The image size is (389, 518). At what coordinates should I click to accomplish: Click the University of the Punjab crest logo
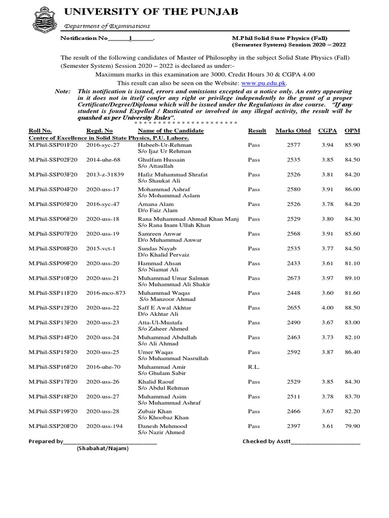point(43,18)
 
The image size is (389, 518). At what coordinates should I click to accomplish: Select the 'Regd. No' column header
point(99,131)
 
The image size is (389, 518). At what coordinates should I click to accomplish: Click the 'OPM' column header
point(352,131)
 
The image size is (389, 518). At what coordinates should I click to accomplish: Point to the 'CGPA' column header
point(327,131)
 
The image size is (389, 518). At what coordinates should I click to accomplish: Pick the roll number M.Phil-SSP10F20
point(53,278)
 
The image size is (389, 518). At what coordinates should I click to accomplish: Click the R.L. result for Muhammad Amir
point(254,367)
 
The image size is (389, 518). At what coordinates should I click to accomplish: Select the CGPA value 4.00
point(328,308)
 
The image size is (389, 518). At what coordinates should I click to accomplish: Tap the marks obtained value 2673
point(294,278)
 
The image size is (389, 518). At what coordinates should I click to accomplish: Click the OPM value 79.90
point(352,426)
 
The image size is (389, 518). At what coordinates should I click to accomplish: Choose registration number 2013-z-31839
point(105,175)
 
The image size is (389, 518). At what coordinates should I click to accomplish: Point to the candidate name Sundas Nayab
point(157,248)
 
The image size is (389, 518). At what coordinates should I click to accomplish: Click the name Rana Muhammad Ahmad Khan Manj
point(188,219)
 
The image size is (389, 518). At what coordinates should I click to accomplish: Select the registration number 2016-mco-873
point(105,293)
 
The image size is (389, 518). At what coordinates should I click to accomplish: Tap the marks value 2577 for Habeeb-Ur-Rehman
point(294,145)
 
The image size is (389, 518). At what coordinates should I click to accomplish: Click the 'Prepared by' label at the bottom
point(46,441)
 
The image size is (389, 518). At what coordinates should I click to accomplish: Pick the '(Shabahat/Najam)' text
point(103,449)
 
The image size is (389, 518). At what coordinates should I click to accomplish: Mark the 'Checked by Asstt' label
point(266,441)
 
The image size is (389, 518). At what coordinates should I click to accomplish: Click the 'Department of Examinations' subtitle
point(106,26)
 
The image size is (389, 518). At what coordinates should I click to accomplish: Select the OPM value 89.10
point(352,278)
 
